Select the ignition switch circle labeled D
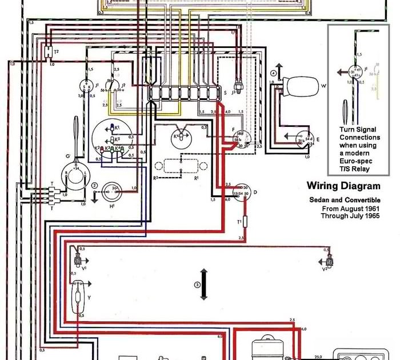(242, 191)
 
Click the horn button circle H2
(115, 189)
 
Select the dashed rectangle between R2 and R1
(181, 166)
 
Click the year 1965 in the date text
(370, 217)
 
